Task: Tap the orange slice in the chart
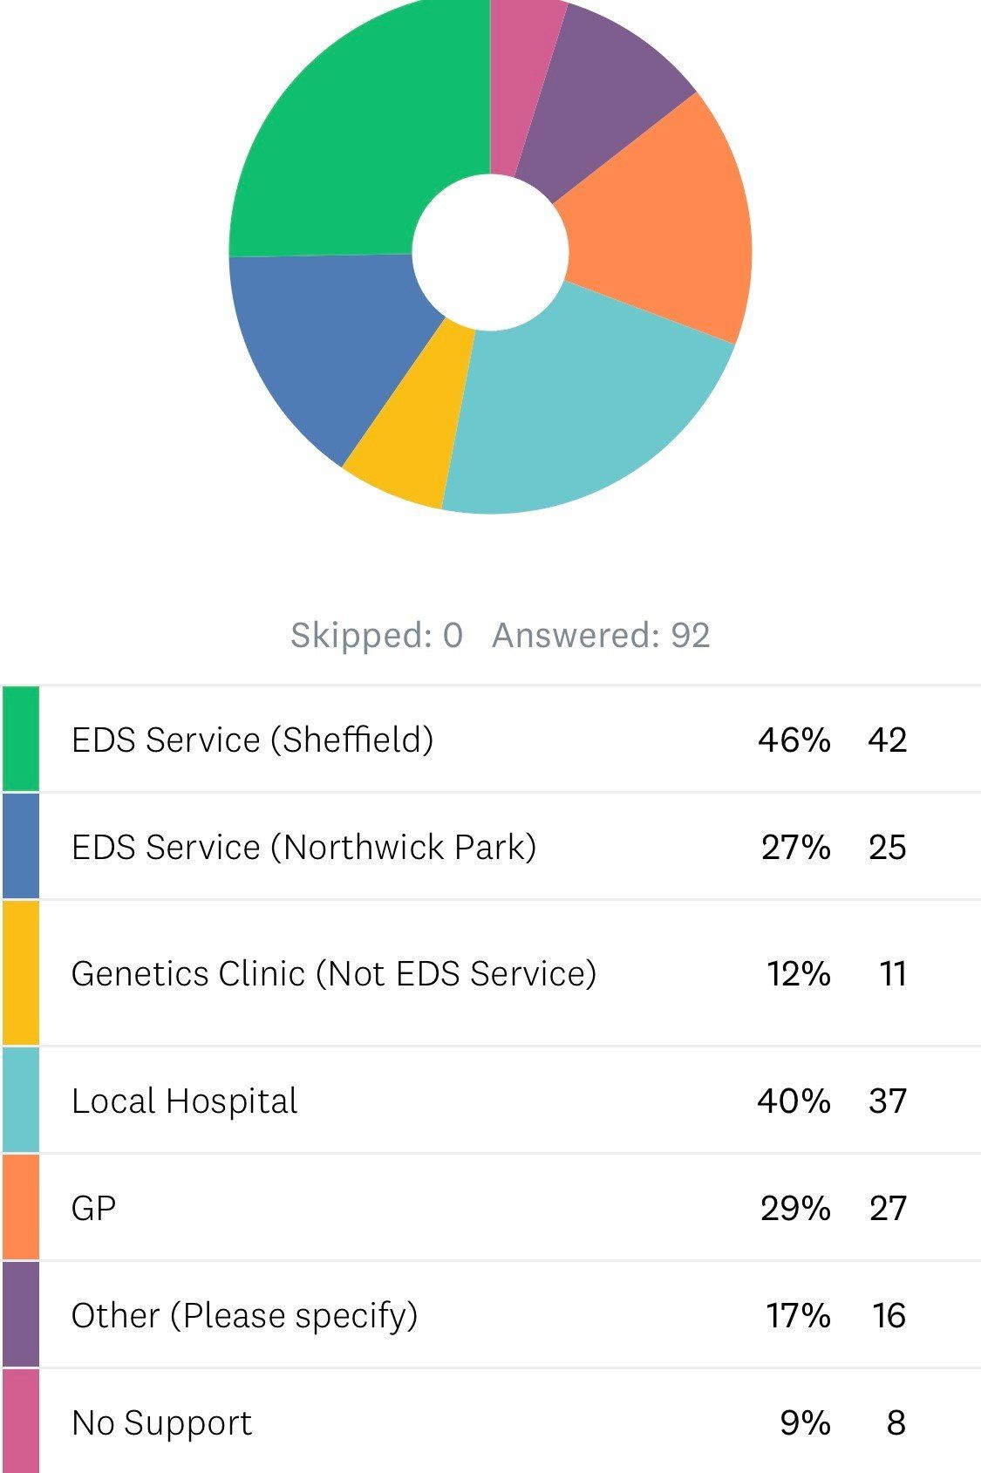663,227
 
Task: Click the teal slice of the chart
576,410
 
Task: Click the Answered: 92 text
601,635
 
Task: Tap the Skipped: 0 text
377,635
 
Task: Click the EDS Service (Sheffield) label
252,740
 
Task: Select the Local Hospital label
184,1101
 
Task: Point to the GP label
93,1208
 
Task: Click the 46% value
794,740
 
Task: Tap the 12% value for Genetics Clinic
798,973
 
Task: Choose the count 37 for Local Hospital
887,1101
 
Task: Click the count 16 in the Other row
889,1315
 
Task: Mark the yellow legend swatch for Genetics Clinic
20,972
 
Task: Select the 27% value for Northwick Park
795,847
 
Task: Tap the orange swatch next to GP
20,1208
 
